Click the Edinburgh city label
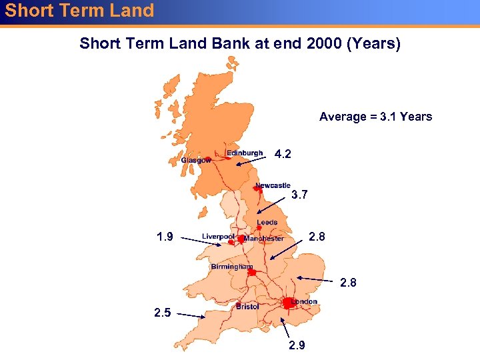244,153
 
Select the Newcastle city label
273,185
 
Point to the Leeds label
267,223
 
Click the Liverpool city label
218,237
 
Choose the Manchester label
264,239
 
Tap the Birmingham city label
232,267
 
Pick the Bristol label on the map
247,307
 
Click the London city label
304,301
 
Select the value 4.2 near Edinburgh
283,155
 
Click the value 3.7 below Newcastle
299,195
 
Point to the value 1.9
164,237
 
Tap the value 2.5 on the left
163,312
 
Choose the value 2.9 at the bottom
297,345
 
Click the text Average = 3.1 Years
375,117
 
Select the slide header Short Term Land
79,11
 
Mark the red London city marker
287,303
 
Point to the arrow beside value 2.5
191,315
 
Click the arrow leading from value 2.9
287,328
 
